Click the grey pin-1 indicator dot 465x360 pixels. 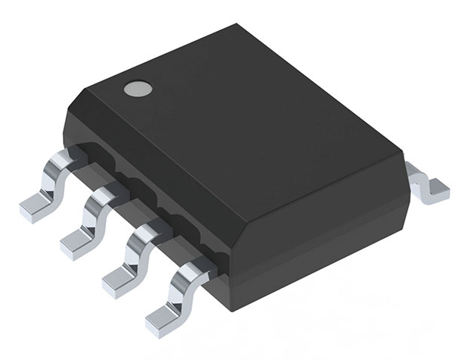click(138, 88)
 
